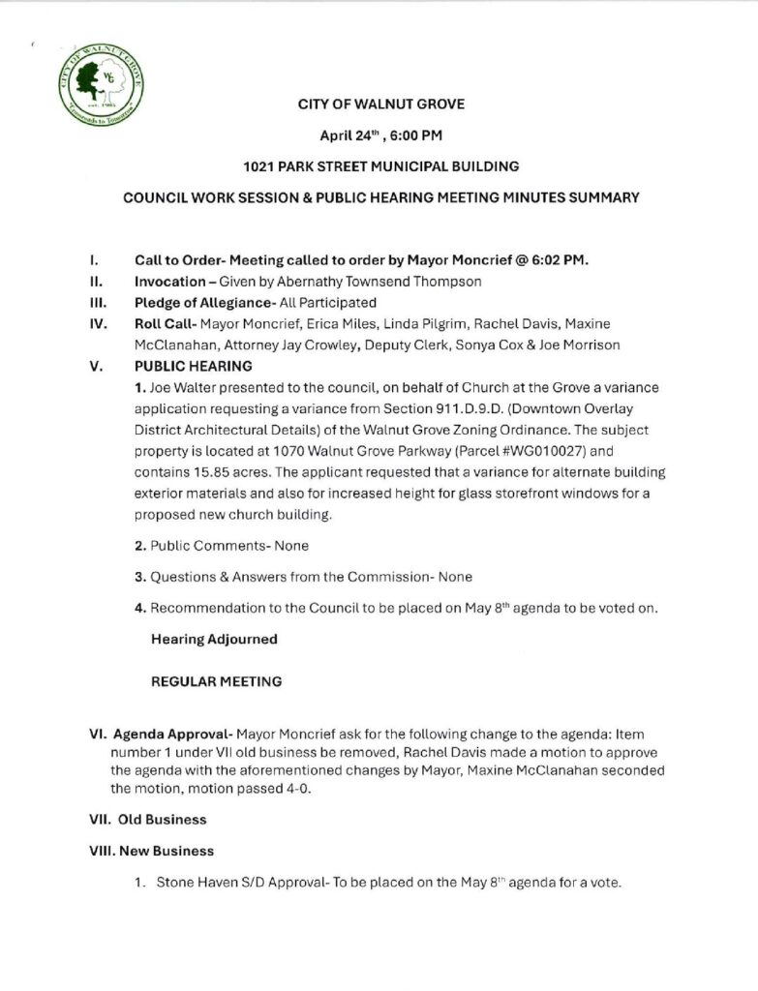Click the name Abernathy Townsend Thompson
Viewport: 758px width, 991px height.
tap(347, 282)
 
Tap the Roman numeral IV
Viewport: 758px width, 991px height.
tap(95, 323)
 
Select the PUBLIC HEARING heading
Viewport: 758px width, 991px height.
tap(193, 367)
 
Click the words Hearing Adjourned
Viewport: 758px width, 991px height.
tap(214, 640)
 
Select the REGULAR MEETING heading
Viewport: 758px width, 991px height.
tap(217, 681)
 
